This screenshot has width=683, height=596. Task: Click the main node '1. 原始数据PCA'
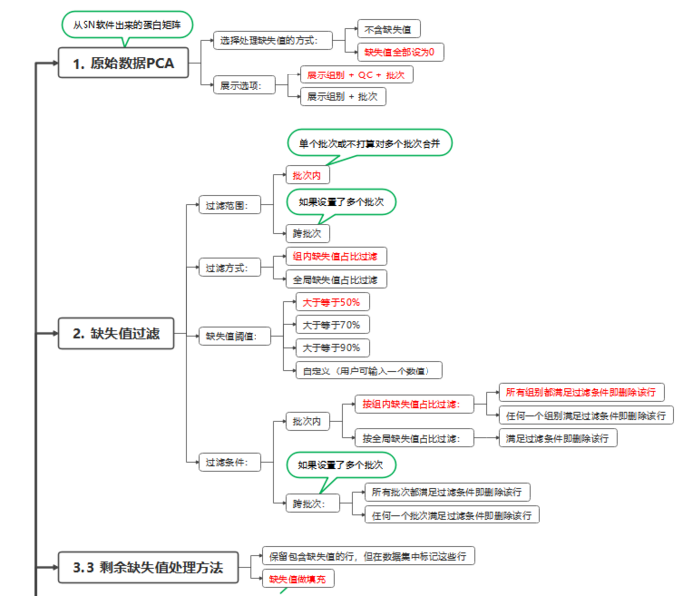click(121, 64)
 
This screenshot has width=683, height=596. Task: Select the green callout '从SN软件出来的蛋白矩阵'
click(126, 23)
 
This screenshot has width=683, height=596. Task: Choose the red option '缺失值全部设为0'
click(400, 51)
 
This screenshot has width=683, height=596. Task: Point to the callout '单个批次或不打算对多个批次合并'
click(370, 144)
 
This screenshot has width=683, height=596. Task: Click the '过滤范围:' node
click(228, 206)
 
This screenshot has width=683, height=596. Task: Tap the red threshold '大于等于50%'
click(332, 302)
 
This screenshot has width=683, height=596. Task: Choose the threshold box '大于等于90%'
click(333, 348)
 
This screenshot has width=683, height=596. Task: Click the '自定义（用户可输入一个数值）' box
click(368, 371)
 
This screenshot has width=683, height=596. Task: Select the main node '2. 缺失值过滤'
click(115, 335)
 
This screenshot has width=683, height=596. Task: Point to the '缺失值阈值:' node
click(233, 336)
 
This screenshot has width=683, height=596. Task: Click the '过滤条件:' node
click(228, 462)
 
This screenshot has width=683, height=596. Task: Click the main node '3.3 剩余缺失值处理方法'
click(154, 568)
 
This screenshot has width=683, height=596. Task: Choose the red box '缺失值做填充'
click(299, 579)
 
